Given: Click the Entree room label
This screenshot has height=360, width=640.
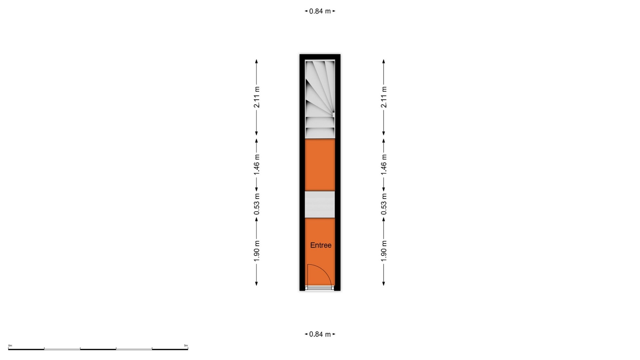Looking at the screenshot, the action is (321, 245).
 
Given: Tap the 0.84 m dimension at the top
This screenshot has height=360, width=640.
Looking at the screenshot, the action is (320, 11).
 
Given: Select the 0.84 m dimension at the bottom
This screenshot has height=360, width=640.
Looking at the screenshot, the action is (320, 334).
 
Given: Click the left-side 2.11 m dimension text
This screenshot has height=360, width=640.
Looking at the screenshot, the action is (257, 97).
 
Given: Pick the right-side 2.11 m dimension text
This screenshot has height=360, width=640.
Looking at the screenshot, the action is (384, 97).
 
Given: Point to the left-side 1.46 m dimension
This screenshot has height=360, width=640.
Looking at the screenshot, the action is (257, 164).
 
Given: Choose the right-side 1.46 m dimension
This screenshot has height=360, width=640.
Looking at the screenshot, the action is (384, 164).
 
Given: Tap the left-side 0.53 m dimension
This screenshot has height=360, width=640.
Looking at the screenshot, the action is (257, 204).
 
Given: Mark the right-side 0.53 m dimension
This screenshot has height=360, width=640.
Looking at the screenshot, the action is (384, 204).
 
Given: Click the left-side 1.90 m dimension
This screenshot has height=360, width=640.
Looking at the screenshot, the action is (257, 251).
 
